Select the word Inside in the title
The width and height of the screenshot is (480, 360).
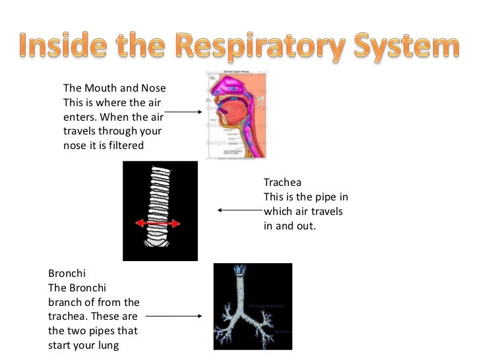click(x=61, y=47)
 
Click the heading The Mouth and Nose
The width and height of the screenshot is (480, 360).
click(x=114, y=88)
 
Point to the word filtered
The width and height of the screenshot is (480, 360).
click(x=123, y=146)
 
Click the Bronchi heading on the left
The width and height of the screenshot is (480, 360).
click(x=67, y=273)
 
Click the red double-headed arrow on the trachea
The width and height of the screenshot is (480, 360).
click(x=158, y=224)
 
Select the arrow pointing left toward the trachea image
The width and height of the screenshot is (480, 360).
click(x=239, y=211)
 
